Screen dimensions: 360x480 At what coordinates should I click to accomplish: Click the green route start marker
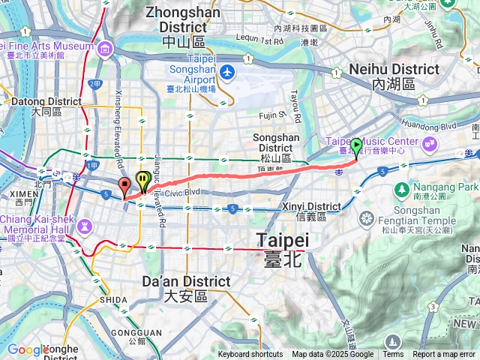tap(356, 146)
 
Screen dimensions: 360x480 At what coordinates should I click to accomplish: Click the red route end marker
tap(125, 187)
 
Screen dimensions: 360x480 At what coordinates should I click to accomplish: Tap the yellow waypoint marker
tap(142, 179)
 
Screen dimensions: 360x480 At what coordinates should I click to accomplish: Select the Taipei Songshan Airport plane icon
tap(226, 73)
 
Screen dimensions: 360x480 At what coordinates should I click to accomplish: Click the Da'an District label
tap(186, 288)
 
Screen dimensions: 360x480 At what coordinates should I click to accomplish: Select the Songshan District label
tap(277, 143)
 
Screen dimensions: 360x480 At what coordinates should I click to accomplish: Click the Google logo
tap(27, 349)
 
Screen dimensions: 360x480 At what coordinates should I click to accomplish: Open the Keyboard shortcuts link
tap(250, 355)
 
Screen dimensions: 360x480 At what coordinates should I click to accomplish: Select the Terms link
tap(393, 355)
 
